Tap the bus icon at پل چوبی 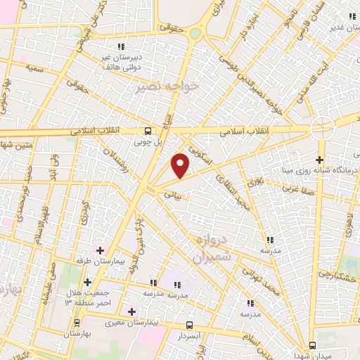[x=148, y=131]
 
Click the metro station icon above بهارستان [x=77, y=323]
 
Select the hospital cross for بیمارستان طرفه [x=99, y=250]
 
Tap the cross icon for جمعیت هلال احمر [x=86, y=282]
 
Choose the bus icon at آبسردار [x=189, y=325]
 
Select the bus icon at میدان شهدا [x=314, y=345]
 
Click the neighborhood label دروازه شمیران [x=209, y=247]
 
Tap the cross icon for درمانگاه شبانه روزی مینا [x=320, y=160]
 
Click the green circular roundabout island [x=195, y=34]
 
